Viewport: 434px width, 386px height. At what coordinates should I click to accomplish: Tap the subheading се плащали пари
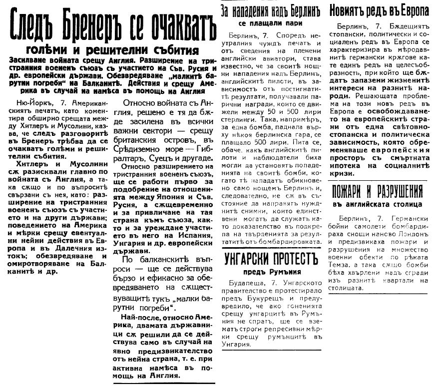[271, 23]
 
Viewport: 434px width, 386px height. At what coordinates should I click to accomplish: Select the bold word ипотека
[356, 165]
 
